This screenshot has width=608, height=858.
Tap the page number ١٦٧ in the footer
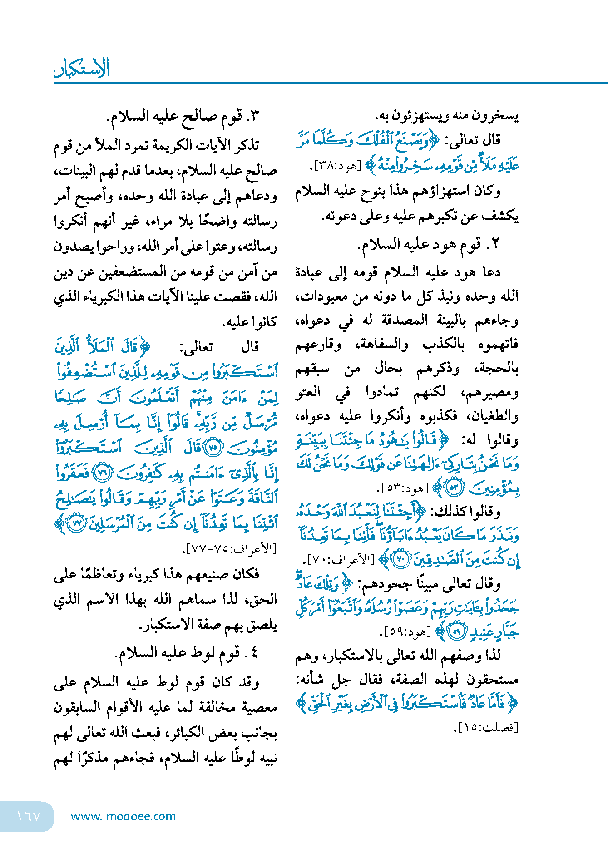28,816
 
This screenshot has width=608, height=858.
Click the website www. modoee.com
123,816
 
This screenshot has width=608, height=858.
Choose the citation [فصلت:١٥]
486,727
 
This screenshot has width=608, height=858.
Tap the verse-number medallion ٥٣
454,488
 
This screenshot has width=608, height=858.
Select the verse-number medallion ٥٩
457,631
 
